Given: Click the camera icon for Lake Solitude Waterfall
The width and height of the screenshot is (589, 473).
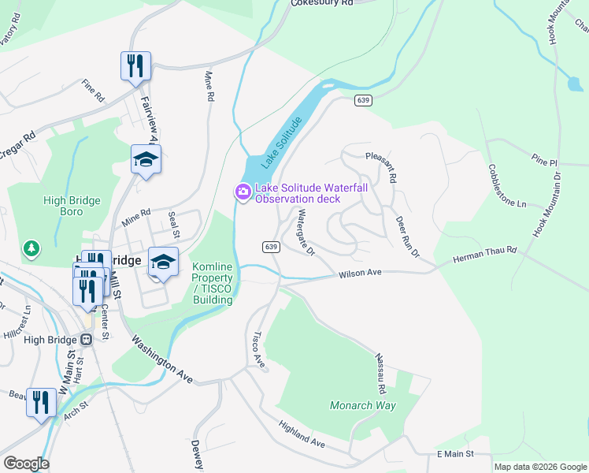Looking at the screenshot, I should tap(243, 192).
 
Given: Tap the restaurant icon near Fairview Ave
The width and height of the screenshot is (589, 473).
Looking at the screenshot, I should tap(135, 65).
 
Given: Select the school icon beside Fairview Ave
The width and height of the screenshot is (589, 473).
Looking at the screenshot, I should tap(146, 160).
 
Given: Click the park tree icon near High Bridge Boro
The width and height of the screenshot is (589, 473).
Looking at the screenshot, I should tap(31, 248).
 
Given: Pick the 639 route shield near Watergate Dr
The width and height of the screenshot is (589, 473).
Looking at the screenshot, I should tap(271, 247).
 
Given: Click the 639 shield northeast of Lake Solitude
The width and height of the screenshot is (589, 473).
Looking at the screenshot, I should tap(363, 100).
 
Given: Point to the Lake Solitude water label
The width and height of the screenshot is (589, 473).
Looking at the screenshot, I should tap(282, 143).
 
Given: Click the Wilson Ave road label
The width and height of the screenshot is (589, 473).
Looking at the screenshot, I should tap(360, 274).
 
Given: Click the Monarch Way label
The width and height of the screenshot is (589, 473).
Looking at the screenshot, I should tap(362, 405).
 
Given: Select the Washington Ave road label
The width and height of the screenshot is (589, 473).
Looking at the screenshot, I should tap(161, 359).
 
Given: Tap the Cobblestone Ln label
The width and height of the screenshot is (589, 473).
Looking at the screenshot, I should tap(506, 186).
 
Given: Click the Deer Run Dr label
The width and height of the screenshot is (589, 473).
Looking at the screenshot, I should tap(407, 237).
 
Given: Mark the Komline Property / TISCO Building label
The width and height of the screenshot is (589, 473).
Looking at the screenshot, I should tap(213, 284).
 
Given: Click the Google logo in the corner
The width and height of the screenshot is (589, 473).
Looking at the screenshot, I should tap(25, 464).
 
